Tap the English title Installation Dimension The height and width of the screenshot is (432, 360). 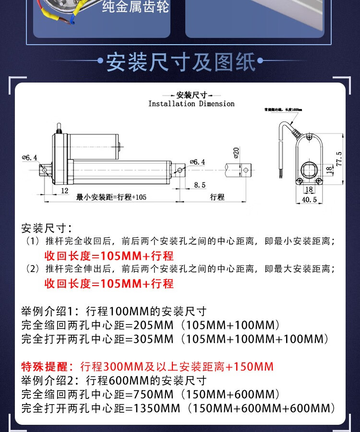point(191,104)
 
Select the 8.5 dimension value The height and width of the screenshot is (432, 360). point(200,185)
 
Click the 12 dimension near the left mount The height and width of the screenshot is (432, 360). point(65,191)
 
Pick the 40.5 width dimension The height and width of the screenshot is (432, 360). point(309,200)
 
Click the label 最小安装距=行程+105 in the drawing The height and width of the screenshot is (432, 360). point(111,197)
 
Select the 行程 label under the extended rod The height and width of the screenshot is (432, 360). point(217,197)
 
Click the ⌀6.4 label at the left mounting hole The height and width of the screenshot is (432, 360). point(29,157)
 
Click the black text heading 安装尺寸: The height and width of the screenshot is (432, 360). point(47,228)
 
